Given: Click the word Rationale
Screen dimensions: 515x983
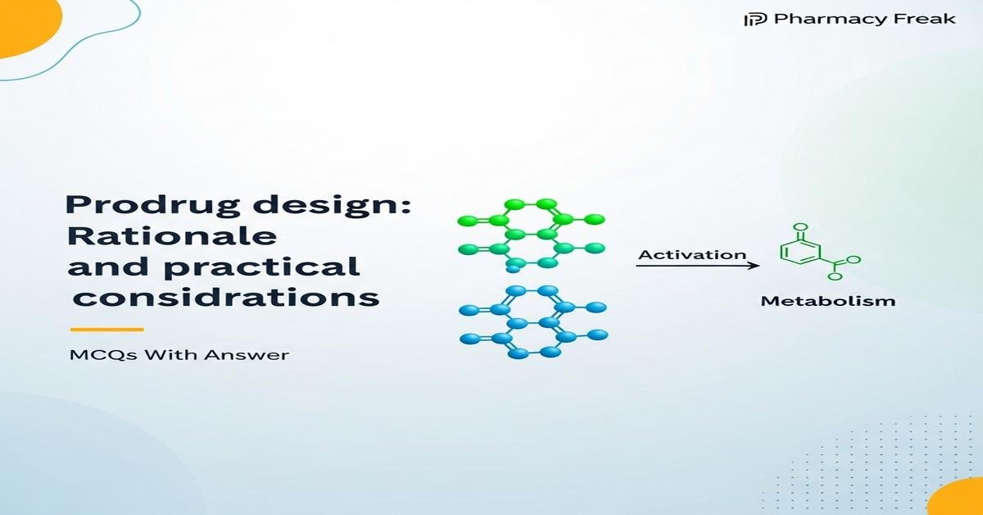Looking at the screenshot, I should coord(171,237).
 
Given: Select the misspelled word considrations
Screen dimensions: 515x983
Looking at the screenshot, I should coord(227,297).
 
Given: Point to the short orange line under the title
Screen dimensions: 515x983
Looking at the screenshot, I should coord(106,330).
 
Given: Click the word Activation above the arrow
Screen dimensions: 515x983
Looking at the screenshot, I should coord(692,254).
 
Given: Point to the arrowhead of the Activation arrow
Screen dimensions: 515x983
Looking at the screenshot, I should coord(755,265).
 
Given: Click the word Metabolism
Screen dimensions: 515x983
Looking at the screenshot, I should coord(827,301).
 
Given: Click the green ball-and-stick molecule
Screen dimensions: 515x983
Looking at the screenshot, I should coord(531,234).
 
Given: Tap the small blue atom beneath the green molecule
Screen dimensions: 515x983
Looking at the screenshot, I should coord(513,267).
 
